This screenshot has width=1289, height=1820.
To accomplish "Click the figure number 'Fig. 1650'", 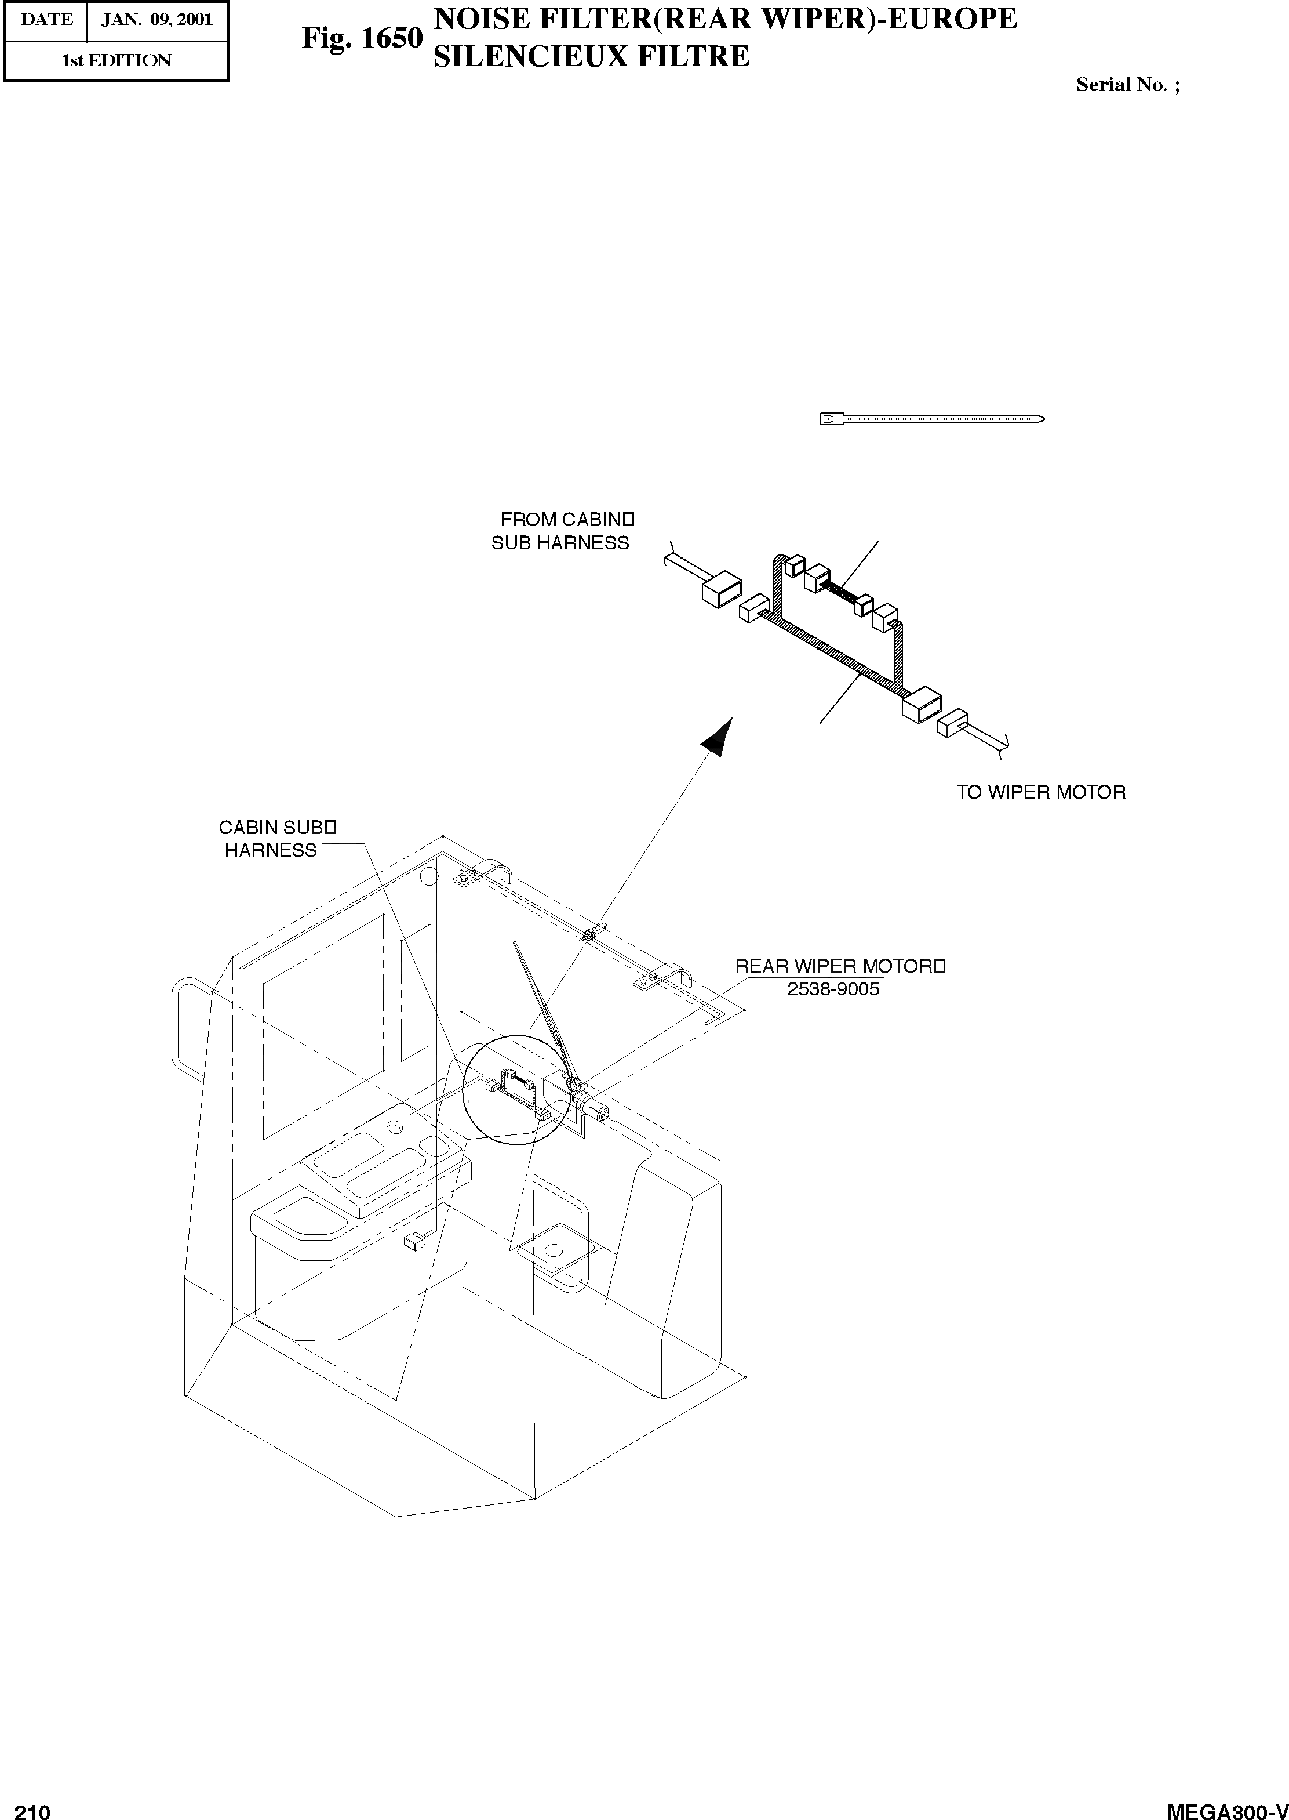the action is pyautogui.click(x=362, y=38).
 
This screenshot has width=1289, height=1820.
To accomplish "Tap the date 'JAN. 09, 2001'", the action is pyautogui.click(x=156, y=19).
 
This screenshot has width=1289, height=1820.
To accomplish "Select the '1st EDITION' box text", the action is pyautogui.click(x=116, y=60).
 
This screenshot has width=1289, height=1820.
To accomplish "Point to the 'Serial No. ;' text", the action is pyautogui.click(x=1127, y=85).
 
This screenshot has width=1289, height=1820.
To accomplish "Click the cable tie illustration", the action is pyautogui.click(x=932, y=419).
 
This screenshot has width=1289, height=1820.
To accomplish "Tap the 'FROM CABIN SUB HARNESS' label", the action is pyautogui.click(x=563, y=531).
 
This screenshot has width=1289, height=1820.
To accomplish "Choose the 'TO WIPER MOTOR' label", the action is pyautogui.click(x=1040, y=792).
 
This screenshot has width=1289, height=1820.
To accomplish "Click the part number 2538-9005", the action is pyautogui.click(x=833, y=989).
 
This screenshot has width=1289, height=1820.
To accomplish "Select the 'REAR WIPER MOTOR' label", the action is pyautogui.click(x=838, y=966).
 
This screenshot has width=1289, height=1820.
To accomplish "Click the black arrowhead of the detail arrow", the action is pyautogui.click(x=717, y=735).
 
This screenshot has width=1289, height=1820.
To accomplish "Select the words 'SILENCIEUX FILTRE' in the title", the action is pyautogui.click(x=591, y=56).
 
